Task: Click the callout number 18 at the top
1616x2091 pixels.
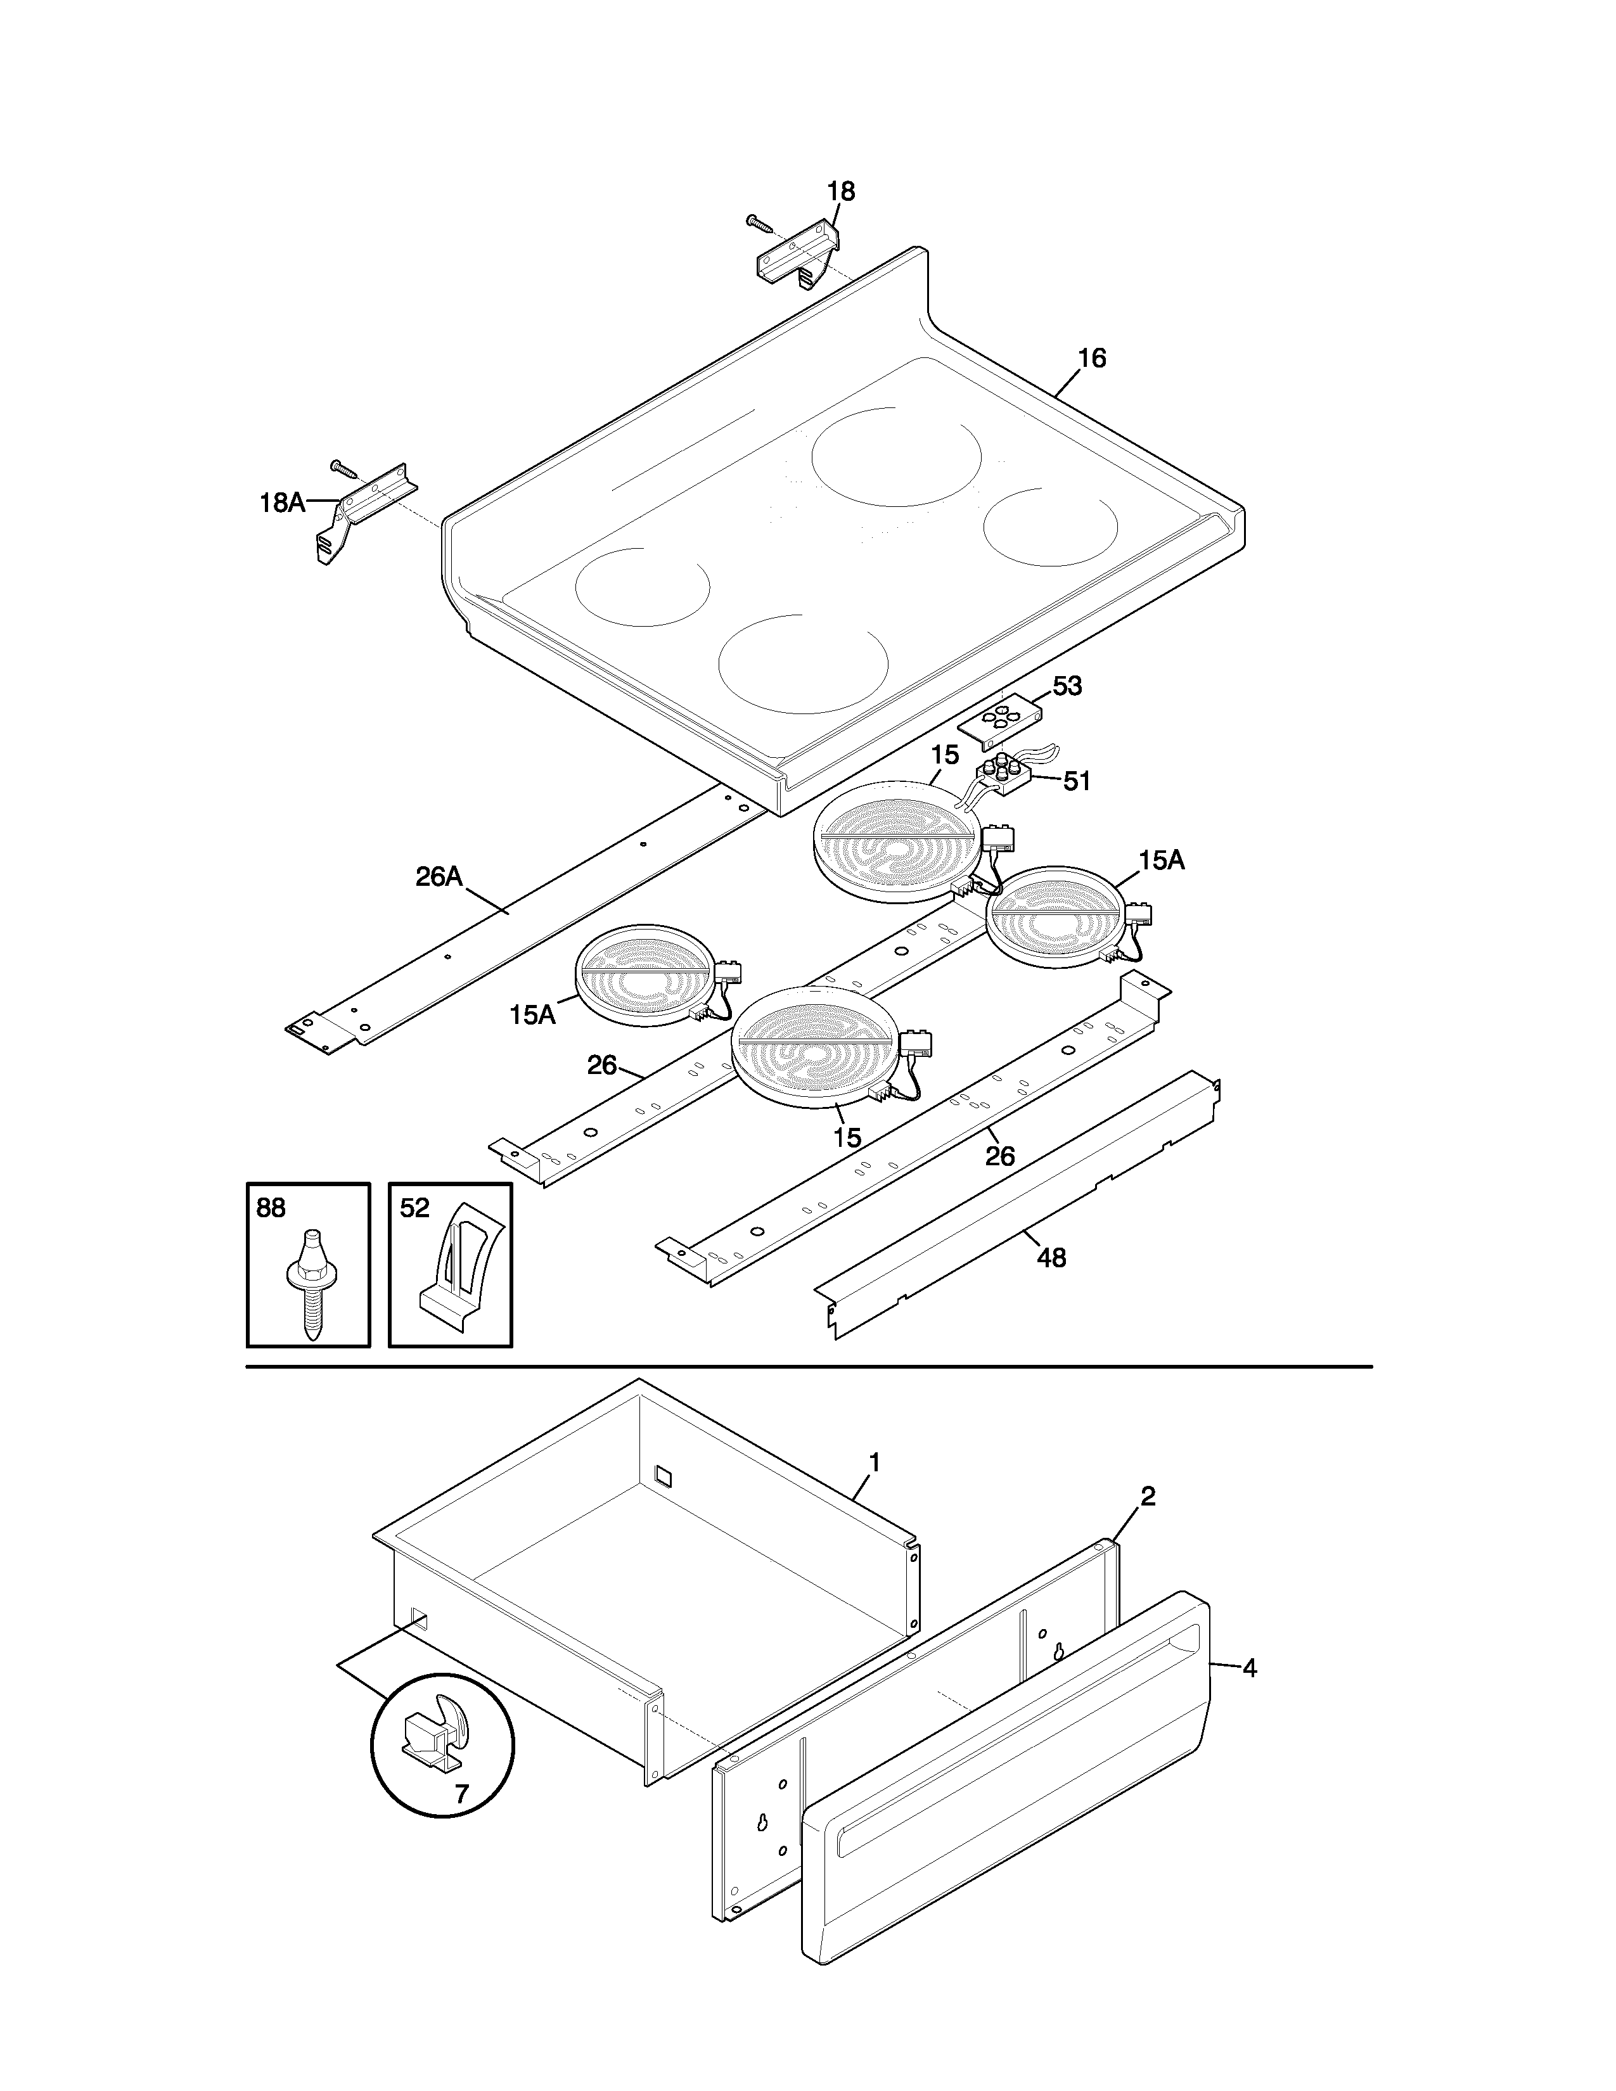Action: (840, 191)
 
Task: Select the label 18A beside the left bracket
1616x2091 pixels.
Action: (283, 502)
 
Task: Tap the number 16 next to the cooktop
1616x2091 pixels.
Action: (1091, 358)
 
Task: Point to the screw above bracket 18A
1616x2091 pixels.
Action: (343, 468)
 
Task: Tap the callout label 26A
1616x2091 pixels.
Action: (439, 876)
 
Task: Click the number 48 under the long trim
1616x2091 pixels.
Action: (1051, 1258)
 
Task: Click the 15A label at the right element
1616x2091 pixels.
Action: (1161, 860)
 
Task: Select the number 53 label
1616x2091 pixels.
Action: (1067, 686)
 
